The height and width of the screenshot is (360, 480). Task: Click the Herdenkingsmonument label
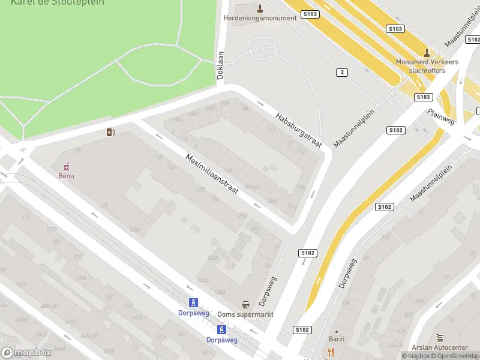point(260,18)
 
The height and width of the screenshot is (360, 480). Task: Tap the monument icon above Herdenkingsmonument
point(260,8)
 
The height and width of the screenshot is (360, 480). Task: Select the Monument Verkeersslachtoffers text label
point(427,66)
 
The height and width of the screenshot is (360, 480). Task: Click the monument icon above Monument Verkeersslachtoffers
point(427,52)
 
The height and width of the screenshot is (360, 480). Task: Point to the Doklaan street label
point(220,65)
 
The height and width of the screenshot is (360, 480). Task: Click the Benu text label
point(66,176)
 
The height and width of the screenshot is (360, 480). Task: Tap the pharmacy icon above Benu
point(66,166)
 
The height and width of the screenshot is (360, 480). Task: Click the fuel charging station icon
point(110,132)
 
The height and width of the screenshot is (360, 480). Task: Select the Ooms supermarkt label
point(246,314)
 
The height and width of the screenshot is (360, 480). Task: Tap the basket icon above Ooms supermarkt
point(246,304)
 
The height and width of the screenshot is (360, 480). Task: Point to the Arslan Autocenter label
point(440,348)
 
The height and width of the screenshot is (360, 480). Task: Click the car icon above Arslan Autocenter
point(440,337)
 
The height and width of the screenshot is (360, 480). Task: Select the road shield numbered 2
point(342,72)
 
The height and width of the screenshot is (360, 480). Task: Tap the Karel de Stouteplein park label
point(57,2)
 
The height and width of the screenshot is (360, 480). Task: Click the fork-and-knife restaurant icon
point(331,352)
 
